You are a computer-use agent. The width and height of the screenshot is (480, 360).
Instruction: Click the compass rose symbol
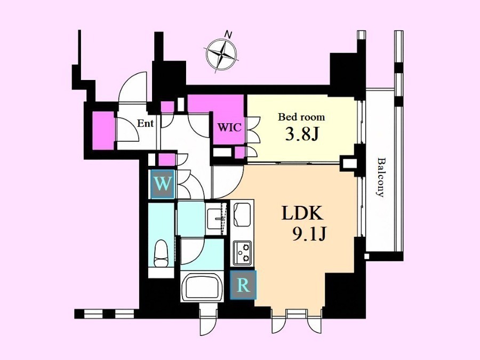pyautogui.click(x=221, y=54)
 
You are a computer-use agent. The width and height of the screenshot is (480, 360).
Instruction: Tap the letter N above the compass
pyautogui.click(x=228, y=34)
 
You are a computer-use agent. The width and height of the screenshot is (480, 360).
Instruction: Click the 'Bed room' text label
pyautogui.click(x=301, y=117)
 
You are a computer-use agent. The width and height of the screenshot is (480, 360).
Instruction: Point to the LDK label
pyautogui.click(x=302, y=213)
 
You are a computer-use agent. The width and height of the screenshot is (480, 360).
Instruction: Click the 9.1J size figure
pyautogui.click(x=310, y=234)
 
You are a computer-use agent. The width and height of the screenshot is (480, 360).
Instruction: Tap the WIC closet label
pyautogui.click(x=229, y=127)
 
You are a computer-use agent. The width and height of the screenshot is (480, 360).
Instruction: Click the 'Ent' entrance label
pyautogui.click(x=145, y=123)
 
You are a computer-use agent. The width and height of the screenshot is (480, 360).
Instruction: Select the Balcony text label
pyautogui.click(x=380, y=177)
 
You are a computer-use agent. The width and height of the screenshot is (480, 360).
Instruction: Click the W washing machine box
pyautogui.click(x=163, y=184)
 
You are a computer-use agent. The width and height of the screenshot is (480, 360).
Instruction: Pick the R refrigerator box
pyautogui.click(x=243, y=285)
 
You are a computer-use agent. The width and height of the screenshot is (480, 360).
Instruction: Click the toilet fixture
pyautogui.click(x=161, y=253)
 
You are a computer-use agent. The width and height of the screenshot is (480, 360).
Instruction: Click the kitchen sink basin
pyautogui.click(x=242, y=214)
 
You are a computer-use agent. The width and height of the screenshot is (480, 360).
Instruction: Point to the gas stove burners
pyautogui.click(x=243, y=253)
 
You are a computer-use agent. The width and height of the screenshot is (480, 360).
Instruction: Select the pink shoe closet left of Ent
pyautogui.click(x=103, y=131)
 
